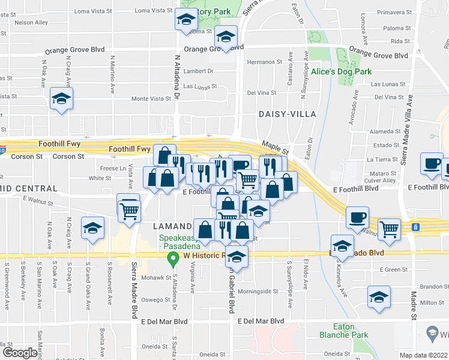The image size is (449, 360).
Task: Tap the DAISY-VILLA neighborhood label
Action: point(282,113)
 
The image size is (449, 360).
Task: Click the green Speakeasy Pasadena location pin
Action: point(174,261)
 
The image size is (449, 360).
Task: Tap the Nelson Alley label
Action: point(31,23)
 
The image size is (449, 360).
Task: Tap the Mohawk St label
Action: point(156,278)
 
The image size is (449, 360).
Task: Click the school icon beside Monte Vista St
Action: point(61,99)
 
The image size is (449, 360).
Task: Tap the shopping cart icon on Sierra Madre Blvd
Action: point(129,209)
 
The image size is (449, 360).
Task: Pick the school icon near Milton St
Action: point(378,298)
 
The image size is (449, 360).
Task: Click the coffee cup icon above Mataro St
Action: point(431,164)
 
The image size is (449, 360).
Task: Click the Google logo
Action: point(20,353)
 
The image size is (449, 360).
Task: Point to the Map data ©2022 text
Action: point(423,355)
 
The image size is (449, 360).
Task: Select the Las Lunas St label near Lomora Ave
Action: point(388,85)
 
